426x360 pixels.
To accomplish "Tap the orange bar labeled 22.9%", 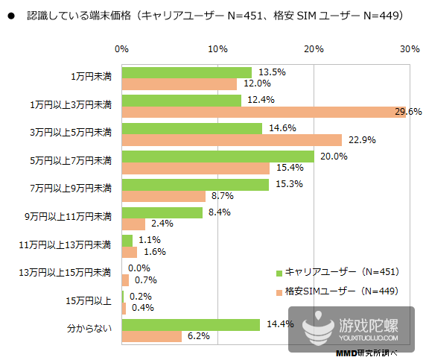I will click(x=232, y=140).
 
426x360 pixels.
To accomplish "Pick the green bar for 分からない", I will click(x=191, y=324).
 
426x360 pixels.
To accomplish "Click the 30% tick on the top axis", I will click(x=409, y=48).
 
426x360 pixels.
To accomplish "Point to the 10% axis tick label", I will click(x=217, y=48).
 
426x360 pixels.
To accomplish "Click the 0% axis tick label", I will click(x=122, y=48).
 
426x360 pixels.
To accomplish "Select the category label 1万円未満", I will click(x=90, y=78).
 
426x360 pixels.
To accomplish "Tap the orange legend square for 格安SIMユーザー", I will click(x=279, y=291).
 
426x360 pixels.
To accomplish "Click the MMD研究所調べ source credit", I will click(x=366, y=353).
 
